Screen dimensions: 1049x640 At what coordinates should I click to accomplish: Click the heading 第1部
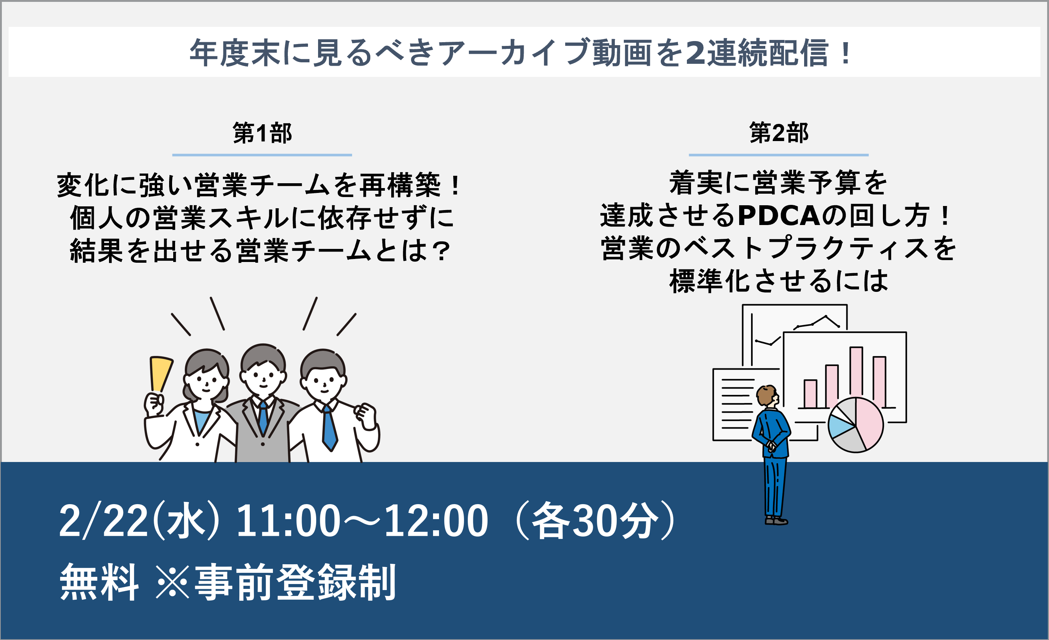click(262, 133)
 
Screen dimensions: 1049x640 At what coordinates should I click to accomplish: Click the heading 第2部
click(779, 133)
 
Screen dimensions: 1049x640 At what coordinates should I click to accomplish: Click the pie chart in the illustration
click(856, 425)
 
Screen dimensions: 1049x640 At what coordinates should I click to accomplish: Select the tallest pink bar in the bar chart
click(856, 377)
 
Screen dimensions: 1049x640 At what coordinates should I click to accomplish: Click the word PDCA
click(779, 215)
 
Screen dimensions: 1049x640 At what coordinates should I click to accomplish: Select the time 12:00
click(436, 521)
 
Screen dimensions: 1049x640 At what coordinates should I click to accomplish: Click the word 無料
click(100, 582)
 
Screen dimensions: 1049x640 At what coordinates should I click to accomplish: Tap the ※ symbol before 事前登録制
click(172, 582)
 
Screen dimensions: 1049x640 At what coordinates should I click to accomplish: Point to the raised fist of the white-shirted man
click(367, 416)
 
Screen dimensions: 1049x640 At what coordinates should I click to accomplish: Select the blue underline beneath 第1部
click(262, 155)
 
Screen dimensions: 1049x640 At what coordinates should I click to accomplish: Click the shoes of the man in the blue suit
click(776, 521)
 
